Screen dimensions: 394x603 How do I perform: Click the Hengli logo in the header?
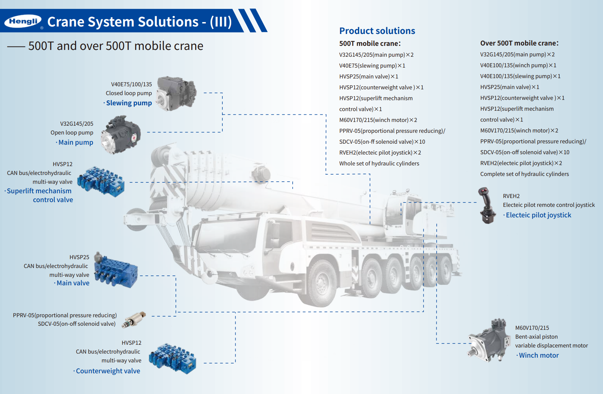23,21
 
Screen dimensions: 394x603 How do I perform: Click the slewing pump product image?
177,93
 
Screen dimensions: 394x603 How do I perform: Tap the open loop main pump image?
121,135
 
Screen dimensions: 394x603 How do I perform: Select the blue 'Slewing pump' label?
129,103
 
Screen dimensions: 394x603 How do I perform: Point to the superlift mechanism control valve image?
101,181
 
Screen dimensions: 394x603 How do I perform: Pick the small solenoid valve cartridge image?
134,320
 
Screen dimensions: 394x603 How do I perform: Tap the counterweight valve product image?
173,358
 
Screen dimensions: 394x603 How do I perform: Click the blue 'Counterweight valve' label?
108,371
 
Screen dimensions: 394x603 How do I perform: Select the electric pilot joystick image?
487,205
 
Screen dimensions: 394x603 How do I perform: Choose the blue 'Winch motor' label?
538,355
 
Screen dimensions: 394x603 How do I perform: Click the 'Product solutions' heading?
377,31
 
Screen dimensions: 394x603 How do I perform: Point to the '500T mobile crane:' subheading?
370,43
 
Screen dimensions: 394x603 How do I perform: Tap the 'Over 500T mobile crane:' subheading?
519,43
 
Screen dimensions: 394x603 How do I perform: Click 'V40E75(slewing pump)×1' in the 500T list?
372,66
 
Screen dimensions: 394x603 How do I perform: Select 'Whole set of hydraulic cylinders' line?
379,163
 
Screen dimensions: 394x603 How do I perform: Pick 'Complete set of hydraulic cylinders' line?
524,174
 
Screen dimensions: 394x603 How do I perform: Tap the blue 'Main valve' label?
73,283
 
